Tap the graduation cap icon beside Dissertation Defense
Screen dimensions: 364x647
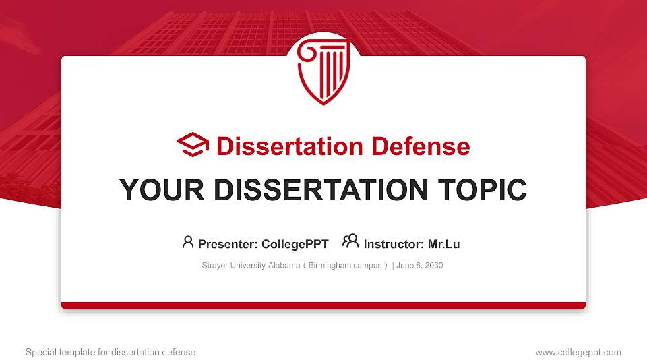193,146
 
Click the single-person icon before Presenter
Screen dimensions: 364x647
188,242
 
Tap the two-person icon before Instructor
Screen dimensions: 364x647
350,242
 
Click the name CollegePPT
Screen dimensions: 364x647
295,244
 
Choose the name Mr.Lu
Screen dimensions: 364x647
443,244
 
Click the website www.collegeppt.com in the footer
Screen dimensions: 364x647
578,352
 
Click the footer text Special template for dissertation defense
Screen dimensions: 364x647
111,352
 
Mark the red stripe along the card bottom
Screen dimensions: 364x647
323,305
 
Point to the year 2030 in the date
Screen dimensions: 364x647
433,266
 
